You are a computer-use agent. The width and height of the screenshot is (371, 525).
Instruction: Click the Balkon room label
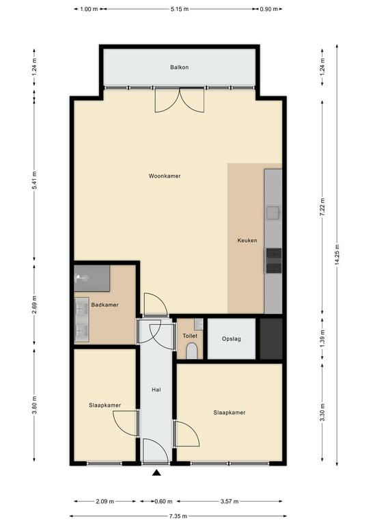coord(179,67)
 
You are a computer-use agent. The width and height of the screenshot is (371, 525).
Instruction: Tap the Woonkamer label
coord(165,176)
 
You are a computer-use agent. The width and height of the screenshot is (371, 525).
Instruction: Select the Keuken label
coord(247,241)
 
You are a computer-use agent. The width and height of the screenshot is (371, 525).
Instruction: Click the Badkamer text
coord(105,305)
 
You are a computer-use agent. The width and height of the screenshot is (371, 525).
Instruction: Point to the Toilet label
coord(190,336)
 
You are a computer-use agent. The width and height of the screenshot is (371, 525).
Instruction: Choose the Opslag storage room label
coord(232,339)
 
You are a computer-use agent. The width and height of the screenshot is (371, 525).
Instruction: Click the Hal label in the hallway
coord(156,390)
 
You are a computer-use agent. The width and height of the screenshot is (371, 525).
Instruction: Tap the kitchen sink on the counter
coord(273,213)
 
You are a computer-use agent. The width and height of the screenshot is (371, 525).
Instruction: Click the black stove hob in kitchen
coord(274,260)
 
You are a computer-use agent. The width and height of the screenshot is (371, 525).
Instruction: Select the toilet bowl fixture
coord(192,351)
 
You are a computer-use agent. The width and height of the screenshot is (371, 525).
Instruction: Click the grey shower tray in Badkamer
coord(92,278)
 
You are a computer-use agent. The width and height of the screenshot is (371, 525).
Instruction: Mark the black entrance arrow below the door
coord(156,473)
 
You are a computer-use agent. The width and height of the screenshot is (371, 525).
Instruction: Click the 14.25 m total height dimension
coord(337,255)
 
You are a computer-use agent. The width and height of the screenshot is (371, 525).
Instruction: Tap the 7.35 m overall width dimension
coord(178,516)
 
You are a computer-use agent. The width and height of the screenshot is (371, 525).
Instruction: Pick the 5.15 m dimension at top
coord(180,10)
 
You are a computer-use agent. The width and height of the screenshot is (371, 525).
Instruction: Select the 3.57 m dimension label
coord(230,501)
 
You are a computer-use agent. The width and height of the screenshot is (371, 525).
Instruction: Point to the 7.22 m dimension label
coord(322,207)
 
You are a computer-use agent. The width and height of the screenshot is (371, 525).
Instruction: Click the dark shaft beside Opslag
coord(271,339)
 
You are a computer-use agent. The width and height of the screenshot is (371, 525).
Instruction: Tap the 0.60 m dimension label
coord(163,501)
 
